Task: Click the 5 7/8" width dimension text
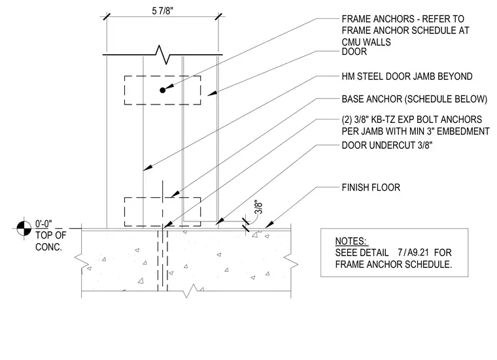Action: coord(163,11)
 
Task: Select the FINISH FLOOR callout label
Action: coord(371,188)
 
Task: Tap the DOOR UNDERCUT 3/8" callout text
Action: coord(387,145)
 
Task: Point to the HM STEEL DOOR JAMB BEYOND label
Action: coord(407,76)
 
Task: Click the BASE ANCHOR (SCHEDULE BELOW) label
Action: coord(414,99)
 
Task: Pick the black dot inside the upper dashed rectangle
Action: coord(163,90)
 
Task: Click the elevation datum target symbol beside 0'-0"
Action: coord(24,228)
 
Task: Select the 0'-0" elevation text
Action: coord(43,224)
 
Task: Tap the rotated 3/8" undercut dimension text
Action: coord(259,207)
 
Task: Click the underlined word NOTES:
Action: coord(351,241)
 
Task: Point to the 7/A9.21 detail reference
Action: coord(413,253)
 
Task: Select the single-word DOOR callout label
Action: coord(354,52)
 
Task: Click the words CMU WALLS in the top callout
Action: coord(366,42)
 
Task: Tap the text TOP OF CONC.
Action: coord(51,241)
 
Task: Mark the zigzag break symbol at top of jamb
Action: coord(163,55)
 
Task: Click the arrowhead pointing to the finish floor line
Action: coord(269,225)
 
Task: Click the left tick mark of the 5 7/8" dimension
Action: coord(107,16)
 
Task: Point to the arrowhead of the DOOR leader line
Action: coord(212,93)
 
